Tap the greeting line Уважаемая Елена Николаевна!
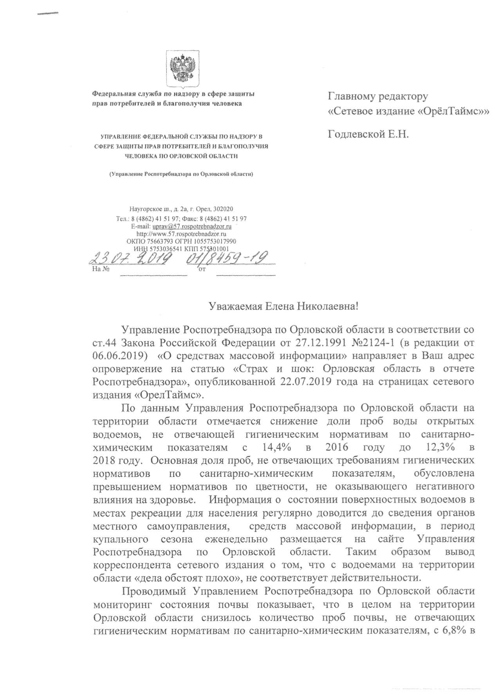283,306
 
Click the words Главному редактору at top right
378,96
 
